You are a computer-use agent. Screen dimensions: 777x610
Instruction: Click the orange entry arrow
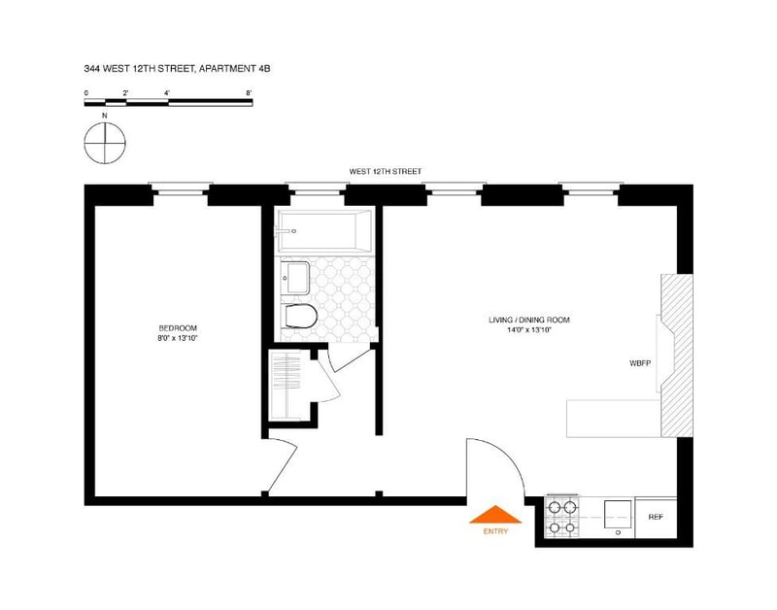[495, 515]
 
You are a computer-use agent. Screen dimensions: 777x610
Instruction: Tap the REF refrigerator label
[656, 517]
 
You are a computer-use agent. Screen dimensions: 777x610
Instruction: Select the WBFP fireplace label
[640, 363]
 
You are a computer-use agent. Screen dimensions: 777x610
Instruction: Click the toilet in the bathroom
[301, 316]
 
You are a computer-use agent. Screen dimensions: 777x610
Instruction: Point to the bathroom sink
[295, 278]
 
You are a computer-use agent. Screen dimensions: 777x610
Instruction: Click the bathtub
[324, 231]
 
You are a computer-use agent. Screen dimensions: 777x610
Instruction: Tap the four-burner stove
[562, 517]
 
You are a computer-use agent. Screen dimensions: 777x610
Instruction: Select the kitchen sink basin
[618, 516]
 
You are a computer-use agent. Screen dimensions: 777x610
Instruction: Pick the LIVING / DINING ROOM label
[528, 321]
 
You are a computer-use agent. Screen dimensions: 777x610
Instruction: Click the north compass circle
[105, 143]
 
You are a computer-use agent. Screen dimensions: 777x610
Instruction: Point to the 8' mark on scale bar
[249, 93]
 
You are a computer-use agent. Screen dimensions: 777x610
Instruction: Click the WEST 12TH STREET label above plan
[385, 172]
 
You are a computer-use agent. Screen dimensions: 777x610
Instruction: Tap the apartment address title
[177, 69]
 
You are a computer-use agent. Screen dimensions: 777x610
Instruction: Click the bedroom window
[181, 188]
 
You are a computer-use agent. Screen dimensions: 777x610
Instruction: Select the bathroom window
[318, 188]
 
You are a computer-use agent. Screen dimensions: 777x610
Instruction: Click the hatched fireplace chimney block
[676, 356]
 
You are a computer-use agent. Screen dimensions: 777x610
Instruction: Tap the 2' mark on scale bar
[125, 93]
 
